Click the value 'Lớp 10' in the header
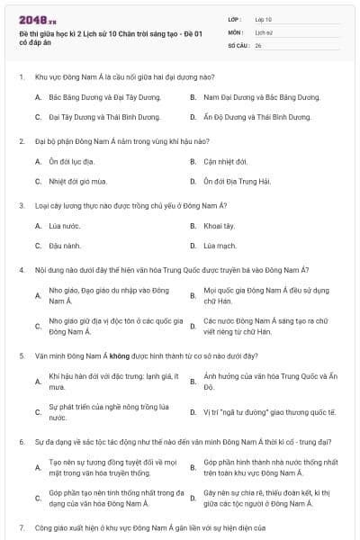click(x=263, y=18)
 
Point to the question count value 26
click(x=258, y=44)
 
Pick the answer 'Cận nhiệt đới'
click(x=225, y=161)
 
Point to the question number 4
click(x=21, y=270)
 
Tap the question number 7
click(x=21, y=526)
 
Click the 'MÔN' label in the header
click(x=236, y=31)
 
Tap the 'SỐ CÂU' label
click(x=238, y=44)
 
